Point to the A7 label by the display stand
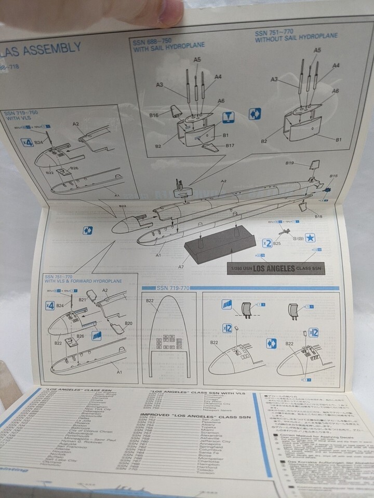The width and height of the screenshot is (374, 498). pyautogui.click(x=181, y=266)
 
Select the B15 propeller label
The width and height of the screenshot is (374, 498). pyautogui.click(x=333, y=176)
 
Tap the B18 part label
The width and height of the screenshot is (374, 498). pyautogui.click(x=318, y=215)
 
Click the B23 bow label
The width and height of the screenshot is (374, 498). pyautogui.click(x=123, y=207)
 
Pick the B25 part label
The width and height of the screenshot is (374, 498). pyautogui.click(x=277, y=243)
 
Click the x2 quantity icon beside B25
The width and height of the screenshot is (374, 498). pyautogui.click(x=267, y=243)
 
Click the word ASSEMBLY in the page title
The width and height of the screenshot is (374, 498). pyautogui.click(x=54, y=49)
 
